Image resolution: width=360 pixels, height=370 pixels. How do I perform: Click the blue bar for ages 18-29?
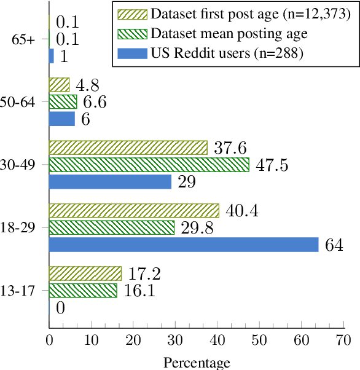(184, 245)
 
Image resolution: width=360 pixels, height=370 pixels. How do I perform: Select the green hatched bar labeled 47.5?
(149, 165)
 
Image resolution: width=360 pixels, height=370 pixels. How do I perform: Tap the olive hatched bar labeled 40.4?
(133, 211)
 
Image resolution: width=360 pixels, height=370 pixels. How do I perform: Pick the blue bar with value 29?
(110, 181)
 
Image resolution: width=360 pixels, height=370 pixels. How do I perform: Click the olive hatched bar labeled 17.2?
(85, 274)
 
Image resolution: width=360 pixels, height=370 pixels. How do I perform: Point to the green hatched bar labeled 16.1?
(83, 290)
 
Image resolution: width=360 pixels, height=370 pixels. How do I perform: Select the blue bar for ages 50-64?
(61, 119)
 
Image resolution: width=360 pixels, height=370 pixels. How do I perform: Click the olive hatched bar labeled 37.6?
(128, 148)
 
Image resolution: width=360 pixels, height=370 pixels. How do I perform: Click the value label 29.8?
(198, 228)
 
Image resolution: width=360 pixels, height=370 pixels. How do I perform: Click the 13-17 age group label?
(21, 290)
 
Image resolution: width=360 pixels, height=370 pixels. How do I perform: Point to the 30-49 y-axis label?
(21, 165)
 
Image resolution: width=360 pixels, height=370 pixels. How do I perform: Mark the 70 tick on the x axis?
(343, 340)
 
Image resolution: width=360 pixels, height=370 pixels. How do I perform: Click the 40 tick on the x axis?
(217, 340)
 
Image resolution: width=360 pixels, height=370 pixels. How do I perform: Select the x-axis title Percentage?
(196, 362)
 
